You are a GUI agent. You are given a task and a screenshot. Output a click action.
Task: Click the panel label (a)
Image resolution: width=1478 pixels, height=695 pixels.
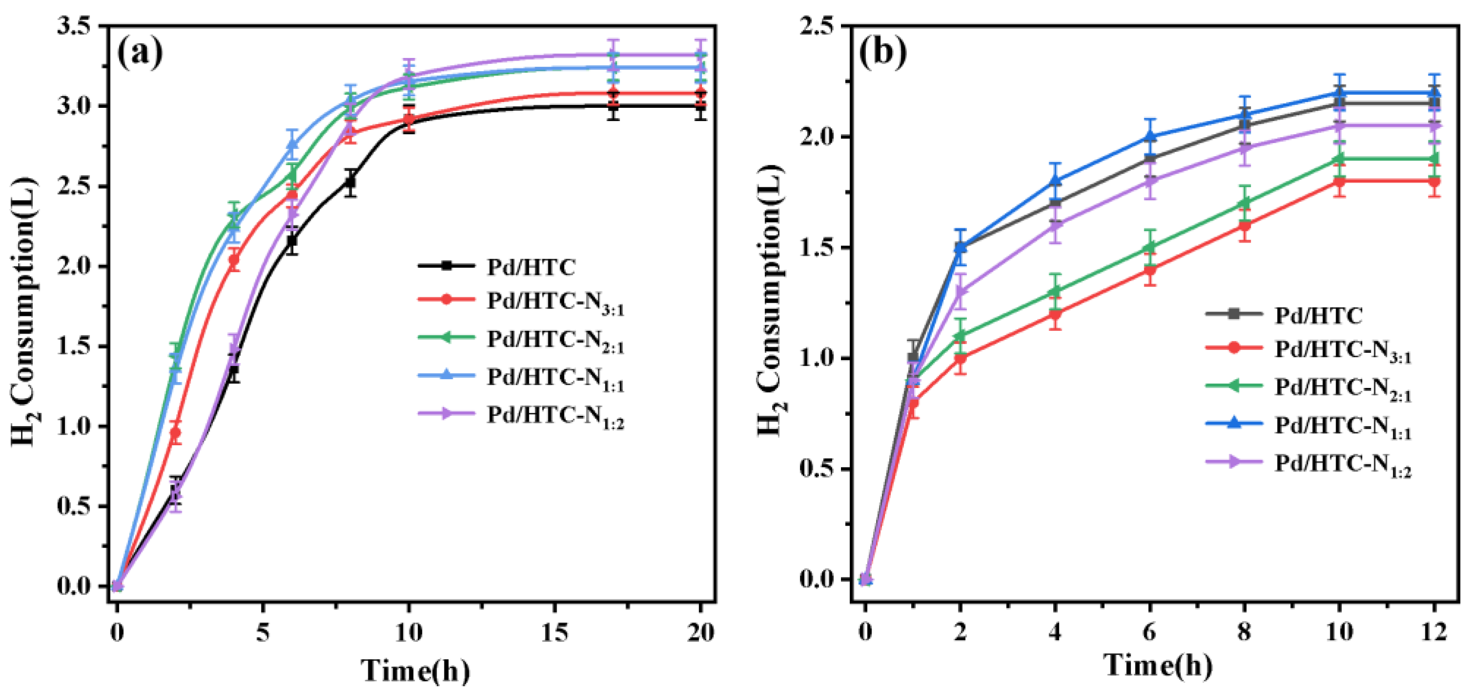tap(140, 53)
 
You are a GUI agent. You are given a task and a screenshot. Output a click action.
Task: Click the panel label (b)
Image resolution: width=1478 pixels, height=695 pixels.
tap(882, 53)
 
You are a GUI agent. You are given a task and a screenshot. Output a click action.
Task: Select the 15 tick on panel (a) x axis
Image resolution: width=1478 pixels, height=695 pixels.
tap(554, 633)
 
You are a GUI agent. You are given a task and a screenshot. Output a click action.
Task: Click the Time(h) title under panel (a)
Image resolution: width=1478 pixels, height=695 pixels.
tap(415, 670)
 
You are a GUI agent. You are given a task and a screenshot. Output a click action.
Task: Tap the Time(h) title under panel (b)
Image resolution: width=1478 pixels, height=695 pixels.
tap(1158, 665)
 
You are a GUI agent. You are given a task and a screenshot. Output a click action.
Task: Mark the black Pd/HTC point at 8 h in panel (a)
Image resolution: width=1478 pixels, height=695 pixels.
tap(350, 183)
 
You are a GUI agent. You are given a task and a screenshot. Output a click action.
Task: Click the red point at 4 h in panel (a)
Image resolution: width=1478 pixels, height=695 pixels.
tap(234, 260)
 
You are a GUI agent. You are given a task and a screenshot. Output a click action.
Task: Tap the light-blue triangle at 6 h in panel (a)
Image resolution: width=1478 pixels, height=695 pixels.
tap(292, 144)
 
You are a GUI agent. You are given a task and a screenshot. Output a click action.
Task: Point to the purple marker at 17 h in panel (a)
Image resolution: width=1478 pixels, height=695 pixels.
tap(613, 56)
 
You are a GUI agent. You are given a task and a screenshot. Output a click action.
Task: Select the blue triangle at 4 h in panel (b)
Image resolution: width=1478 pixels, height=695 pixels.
tap(1055, 180)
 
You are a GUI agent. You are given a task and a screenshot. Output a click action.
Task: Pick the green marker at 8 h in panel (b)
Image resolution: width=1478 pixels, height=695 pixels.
tap(1244, 203)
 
